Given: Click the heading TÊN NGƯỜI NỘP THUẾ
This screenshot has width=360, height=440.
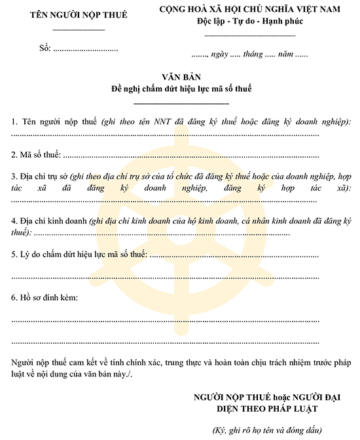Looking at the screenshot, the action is click(79, 14).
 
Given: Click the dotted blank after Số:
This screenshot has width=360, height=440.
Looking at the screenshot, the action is click(85, 49).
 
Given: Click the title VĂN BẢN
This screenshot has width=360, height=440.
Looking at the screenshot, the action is click(181, 77).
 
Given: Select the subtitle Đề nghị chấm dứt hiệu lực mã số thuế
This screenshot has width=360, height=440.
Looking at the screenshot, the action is click(181, 88).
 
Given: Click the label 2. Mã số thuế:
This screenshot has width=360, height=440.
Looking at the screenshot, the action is click(36, 155).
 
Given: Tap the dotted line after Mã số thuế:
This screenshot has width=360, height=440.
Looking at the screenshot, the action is click(190, 156).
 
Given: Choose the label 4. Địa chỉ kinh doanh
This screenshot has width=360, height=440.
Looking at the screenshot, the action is click(49, 221).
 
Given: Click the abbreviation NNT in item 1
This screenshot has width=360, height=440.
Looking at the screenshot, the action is click(164, 121).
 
